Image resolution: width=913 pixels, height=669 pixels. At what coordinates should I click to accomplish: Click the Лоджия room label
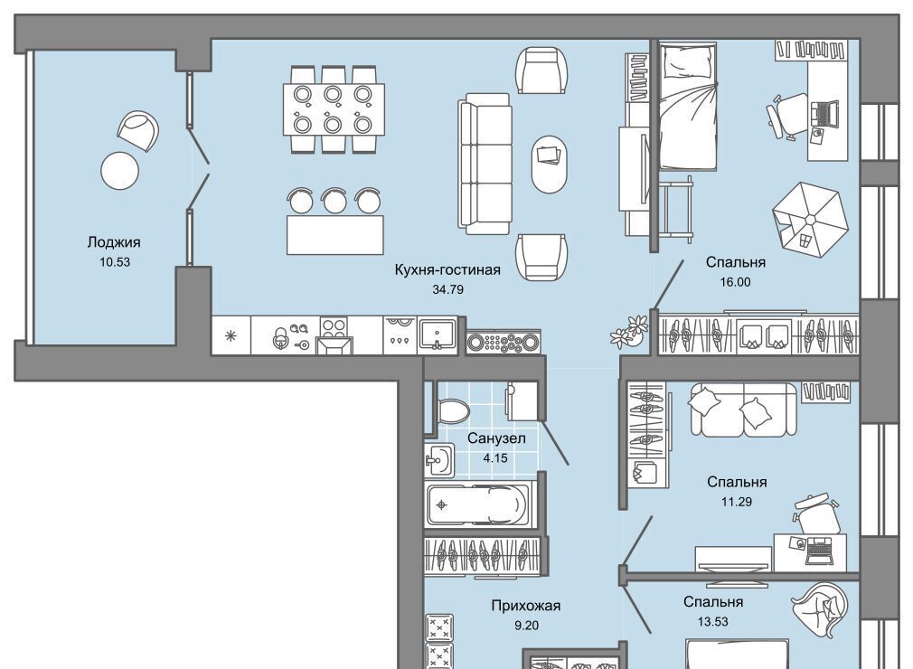point(114,242)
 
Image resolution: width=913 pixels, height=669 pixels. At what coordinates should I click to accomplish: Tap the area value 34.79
point(447,289)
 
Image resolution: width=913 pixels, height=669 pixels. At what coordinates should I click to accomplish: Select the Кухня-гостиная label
point(447,270)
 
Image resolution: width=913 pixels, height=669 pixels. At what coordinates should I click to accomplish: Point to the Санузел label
point(496,438)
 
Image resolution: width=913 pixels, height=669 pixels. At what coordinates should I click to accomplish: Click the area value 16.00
point(736,282)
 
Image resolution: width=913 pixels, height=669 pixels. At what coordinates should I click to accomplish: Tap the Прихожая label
point(526,606)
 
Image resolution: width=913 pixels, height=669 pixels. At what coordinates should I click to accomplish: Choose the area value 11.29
point(737,502)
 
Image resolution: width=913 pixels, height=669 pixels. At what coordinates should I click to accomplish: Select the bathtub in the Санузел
point(480,504)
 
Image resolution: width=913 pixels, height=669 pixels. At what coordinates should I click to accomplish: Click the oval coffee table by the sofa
point(549,165)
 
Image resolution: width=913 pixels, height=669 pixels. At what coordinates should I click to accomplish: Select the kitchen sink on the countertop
point(438,334)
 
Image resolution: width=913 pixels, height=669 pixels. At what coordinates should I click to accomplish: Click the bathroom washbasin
point(438,461)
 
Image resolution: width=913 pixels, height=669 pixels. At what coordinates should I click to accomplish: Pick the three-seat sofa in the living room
point(485,164)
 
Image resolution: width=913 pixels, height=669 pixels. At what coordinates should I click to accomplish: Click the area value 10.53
point(115,262)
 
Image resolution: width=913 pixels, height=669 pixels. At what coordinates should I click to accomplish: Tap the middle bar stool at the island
point(334,200)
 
